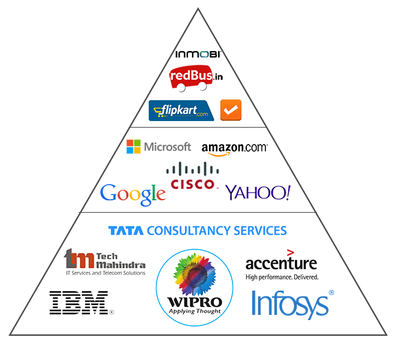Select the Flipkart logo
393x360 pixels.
(181, 110)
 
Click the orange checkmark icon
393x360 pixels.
(230, 110)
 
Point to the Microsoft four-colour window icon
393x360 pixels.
(134, 146)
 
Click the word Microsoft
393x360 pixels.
(168, 147)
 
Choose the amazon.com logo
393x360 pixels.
(234, 148)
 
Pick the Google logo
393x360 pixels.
(133, 194)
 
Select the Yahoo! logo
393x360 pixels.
(257, 192)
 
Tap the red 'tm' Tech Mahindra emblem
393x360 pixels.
(76, 259)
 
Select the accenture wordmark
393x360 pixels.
(281, 263)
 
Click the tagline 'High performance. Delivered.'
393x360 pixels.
(282, 277)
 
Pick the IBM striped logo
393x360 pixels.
(79, 303)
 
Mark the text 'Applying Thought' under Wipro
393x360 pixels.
(194, 311)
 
